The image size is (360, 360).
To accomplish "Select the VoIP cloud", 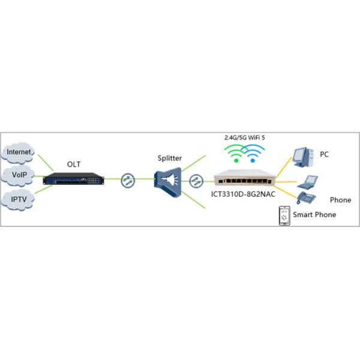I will click(19, 175).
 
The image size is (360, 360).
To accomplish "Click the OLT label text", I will click(74, 163).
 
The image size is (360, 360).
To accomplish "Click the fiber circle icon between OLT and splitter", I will click(127, 179).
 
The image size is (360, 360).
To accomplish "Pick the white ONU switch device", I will click(246, 179).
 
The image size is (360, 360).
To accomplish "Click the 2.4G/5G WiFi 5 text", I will click(245, 137).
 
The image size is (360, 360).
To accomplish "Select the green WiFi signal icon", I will click(238, 152).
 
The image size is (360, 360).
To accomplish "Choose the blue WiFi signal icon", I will click(253, 152).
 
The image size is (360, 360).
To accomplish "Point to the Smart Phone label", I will click(314, 214).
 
